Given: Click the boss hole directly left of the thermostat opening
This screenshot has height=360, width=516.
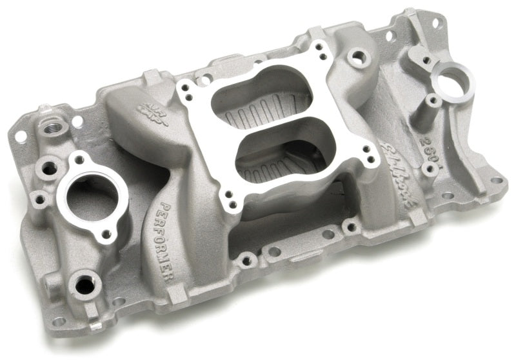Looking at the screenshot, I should (x=49, y=170).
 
